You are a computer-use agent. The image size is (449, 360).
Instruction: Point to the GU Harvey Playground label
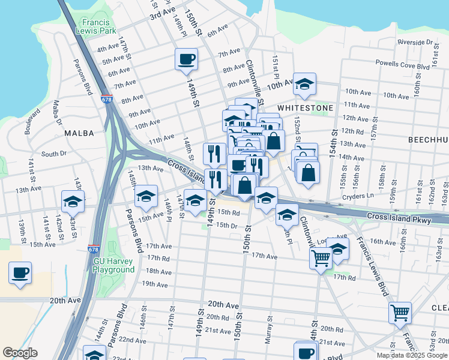coord(113,265)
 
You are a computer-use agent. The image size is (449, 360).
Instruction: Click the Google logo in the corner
coord(20,353)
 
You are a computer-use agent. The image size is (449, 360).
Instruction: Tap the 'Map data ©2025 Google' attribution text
coord(412,355)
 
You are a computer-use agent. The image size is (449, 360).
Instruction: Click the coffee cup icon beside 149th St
coord(186,59)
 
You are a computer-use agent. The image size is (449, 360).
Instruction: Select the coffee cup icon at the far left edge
coord(20,273)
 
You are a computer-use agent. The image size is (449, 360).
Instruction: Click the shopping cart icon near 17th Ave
coord(321,258)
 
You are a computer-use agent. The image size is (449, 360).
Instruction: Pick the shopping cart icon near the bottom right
coord(400,312)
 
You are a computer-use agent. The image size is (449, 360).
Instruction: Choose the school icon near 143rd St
coord(73,202)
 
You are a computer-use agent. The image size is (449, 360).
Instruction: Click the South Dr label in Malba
coord(54,154)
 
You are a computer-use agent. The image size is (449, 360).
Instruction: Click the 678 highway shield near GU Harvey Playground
coord(93,248)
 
